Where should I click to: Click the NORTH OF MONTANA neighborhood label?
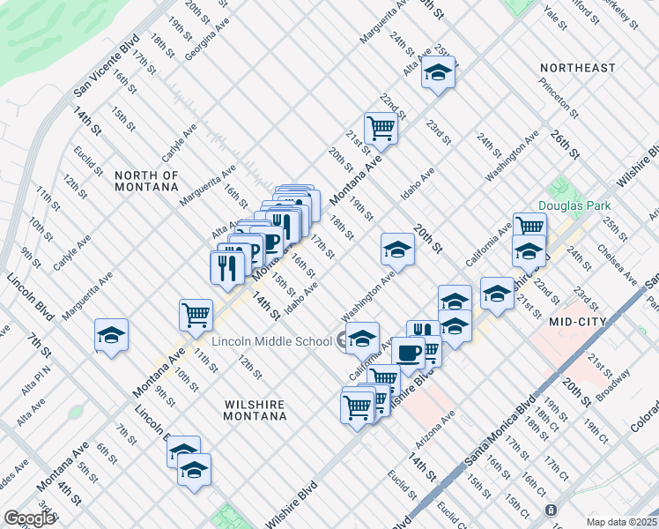[146, 181]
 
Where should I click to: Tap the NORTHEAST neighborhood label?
[577, 68]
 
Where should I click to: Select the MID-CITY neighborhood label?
[577, 323]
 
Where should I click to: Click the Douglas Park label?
[573, 205]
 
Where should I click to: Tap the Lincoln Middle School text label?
[269, 340]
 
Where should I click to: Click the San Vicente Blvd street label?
[107, 65]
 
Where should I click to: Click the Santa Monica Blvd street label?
[500, 429]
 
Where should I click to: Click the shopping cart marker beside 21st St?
[381, 127]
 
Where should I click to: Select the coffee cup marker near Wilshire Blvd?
[408, 352]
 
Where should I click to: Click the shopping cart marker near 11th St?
[196, 312]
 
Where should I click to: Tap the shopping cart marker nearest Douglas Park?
[529, 226]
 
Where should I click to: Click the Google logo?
[29, 518]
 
